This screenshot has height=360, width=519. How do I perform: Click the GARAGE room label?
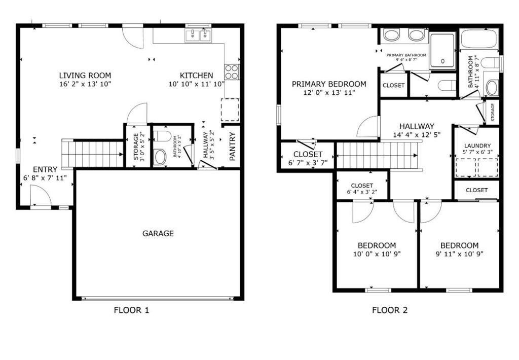pos(158,233)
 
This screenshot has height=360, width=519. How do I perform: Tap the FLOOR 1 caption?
pos(131,310)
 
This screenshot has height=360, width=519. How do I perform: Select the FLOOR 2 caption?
pos(390,310)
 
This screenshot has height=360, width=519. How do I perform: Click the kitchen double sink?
pos(198,35)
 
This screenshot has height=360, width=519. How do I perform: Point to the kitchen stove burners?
pos(232,72)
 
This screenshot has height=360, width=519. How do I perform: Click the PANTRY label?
pos(232,147)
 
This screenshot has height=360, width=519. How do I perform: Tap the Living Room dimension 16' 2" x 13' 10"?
pos(85,84)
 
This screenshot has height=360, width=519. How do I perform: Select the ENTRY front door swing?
pos(39,195)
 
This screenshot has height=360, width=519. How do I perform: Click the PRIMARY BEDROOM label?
pos(329,84)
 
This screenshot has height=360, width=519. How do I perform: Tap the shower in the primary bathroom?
pos(442,50)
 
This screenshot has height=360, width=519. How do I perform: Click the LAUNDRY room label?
pos(477,146)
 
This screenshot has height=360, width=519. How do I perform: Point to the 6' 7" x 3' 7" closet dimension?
pos(308,163)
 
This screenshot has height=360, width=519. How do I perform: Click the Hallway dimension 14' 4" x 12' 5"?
pos(416,135)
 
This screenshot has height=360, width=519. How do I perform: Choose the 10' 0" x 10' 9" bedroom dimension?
pos(377,254)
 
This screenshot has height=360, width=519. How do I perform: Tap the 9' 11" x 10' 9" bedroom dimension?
pos(459,254)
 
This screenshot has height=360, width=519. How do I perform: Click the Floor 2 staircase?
pos(379,155)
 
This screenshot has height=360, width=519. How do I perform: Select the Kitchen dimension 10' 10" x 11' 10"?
pos(197,84)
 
